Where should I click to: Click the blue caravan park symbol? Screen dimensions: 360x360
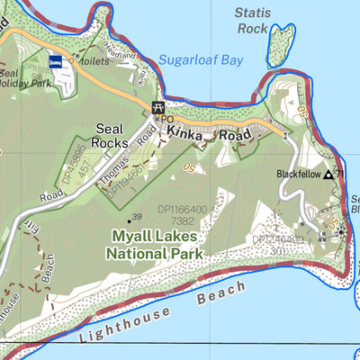pyautogui.click(x=56, y=62)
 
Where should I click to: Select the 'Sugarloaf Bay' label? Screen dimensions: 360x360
pyautogui.click(x=201, y=60)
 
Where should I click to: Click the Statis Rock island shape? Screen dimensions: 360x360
pyautogui.click(x=281, y=45)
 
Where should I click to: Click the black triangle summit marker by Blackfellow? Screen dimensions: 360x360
pyautogui.click(x=328, y=175)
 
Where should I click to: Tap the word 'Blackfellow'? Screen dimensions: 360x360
pyautogui.click(x=299, y=175)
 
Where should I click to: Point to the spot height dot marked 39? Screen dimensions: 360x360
pyautogui.click(x=128, y=218)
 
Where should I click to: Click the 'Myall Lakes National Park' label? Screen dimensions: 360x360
pyautogui.click(x=157, y=244)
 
